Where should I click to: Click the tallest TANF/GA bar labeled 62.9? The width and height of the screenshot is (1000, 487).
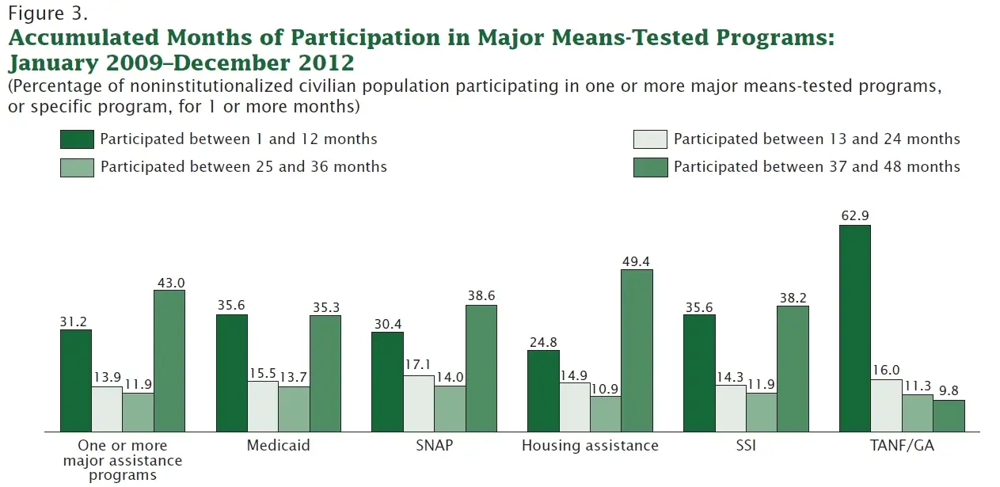[854, 328]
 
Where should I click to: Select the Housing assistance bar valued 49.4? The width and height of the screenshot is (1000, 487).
[637, 350]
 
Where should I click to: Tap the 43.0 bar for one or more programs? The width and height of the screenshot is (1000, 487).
[169, 360]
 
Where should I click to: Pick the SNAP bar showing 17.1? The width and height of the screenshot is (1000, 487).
[419, 403]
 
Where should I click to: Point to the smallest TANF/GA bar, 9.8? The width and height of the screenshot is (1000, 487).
[949, 416]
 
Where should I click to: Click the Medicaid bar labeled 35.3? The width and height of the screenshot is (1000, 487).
[325, 373]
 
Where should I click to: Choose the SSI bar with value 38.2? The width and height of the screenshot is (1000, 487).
[793, 368]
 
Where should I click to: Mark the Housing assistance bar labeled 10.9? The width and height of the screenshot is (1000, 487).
[606, 413]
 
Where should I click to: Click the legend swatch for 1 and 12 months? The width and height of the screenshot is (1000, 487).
[77, 139]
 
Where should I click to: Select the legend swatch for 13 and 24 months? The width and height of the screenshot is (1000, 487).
[650, 139]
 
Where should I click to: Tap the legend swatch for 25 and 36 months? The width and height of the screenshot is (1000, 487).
[77, 167]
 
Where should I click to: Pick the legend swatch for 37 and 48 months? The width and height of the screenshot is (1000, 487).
[650, 167]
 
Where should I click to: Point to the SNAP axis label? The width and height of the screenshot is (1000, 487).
[434, 446]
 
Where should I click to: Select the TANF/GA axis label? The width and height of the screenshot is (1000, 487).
[902, 446]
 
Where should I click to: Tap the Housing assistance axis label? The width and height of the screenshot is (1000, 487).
[590, 446]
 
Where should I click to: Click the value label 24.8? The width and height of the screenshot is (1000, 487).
[543, 342]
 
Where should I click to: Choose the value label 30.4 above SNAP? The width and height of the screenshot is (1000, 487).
[388, 324]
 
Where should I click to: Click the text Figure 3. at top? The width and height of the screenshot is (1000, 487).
[45, 13]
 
